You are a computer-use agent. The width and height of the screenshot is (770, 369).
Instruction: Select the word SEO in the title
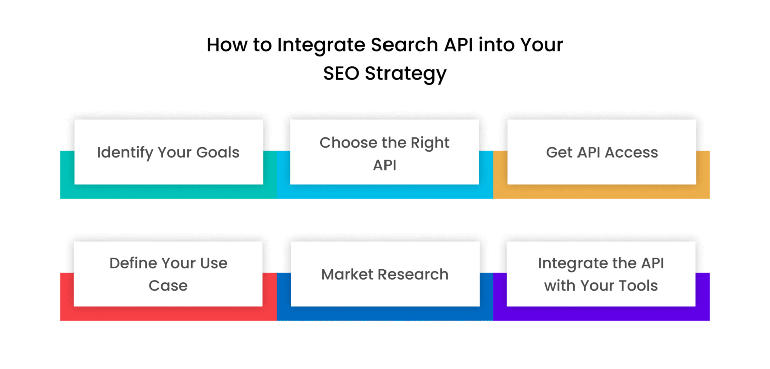(341, 74)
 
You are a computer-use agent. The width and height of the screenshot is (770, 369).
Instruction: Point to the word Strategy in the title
(406, 74)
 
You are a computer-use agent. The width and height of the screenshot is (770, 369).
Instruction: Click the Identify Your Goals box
(168, 152)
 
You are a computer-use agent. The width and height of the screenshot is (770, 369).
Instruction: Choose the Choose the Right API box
(384, 152)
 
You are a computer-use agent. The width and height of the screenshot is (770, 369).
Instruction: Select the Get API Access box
(602, 152)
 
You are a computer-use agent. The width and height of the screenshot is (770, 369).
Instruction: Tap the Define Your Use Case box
(168, 274)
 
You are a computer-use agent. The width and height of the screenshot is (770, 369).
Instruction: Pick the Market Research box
(385, 274)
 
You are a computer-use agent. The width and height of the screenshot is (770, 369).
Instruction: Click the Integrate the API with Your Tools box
(601, 274)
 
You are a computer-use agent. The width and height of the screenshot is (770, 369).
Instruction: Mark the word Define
(133, 263)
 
